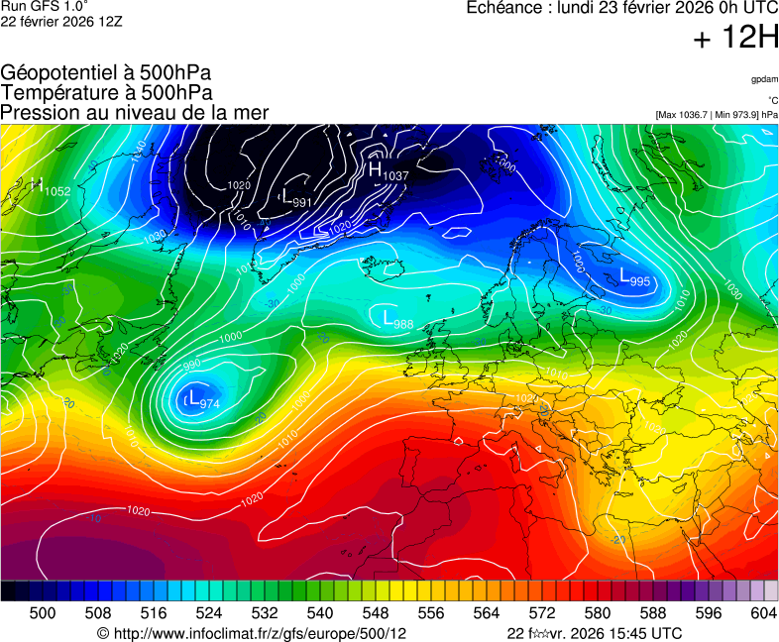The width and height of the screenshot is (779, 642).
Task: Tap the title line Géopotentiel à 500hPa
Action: [x=106, y=73]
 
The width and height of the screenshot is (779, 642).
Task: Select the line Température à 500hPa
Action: [x=105, y=92]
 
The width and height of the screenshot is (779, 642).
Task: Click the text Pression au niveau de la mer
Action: [x=134, y=112]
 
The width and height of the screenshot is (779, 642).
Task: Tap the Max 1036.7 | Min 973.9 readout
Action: [x=717, y=115]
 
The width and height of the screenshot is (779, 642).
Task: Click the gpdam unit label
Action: [x=764, y=80]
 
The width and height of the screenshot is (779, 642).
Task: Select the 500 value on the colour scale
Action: [x=43, y=613]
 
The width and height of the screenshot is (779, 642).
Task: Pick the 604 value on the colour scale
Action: [x=763, y=613]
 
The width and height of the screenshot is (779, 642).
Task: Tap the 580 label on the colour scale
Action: [x=597, y=613]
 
